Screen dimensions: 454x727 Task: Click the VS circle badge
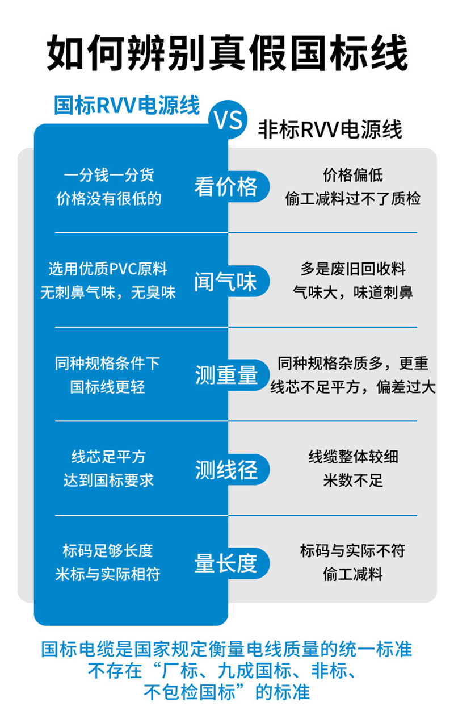pyautogui.click(x=228, y=119)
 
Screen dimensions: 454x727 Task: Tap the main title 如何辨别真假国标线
pyautogui.click(x=227, y=53)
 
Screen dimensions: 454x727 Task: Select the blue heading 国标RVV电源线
pyautogui.click(x=127, y=105)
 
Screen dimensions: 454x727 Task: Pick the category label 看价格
pyautogui.click(x=226, y=187)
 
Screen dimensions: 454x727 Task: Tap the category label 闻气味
pyautogui.click(x=226, y=281)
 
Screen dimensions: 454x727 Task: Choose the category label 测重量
pyautogui.click(x=226, y=375)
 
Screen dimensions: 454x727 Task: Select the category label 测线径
pyautogui.click(x=226, y=469)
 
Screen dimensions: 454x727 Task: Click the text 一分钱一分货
pyautogui.click(x=108, y=176)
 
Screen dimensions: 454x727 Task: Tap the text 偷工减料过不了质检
pyautogui.click(x=353, y=199)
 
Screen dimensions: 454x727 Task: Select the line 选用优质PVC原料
pyautogui.click(x=108, y=269)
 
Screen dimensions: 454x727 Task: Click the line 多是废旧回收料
pyautogui.click(x=353, y=269)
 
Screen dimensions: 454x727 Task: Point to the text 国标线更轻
pyautogui.click(x=108, y=387)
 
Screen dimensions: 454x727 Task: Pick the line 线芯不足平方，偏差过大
pyautogui.click(x=353, y=387)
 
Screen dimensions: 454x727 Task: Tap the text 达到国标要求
pyautogui.click(x=108, y=481)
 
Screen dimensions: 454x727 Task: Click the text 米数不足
pyautogui.click(x=353, y=481)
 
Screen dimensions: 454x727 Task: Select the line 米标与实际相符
pyautogui.click(x=108, y=574)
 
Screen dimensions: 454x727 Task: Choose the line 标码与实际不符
pyautogui.click(x=353, y=551)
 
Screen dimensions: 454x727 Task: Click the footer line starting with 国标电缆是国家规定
pyautogui.click(x=226, y=649)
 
